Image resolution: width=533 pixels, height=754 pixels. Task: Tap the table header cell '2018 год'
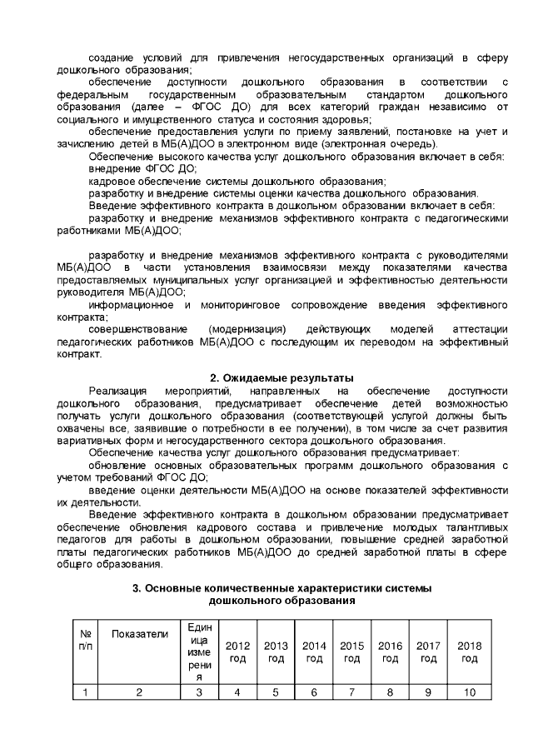470,652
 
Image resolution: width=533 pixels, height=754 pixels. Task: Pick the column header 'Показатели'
139,635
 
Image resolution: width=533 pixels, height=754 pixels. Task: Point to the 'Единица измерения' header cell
198,652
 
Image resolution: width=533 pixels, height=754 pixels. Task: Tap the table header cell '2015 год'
352,652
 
